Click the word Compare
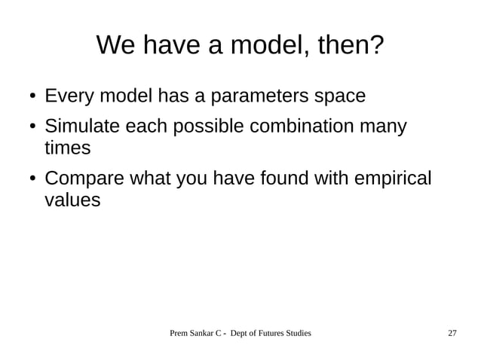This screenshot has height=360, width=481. click(x=85, y=179)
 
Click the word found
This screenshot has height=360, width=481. click(x=286, y=179)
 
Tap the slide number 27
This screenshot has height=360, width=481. click(x=452, y=333)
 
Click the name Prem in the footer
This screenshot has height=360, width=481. click(x=179, y=333)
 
